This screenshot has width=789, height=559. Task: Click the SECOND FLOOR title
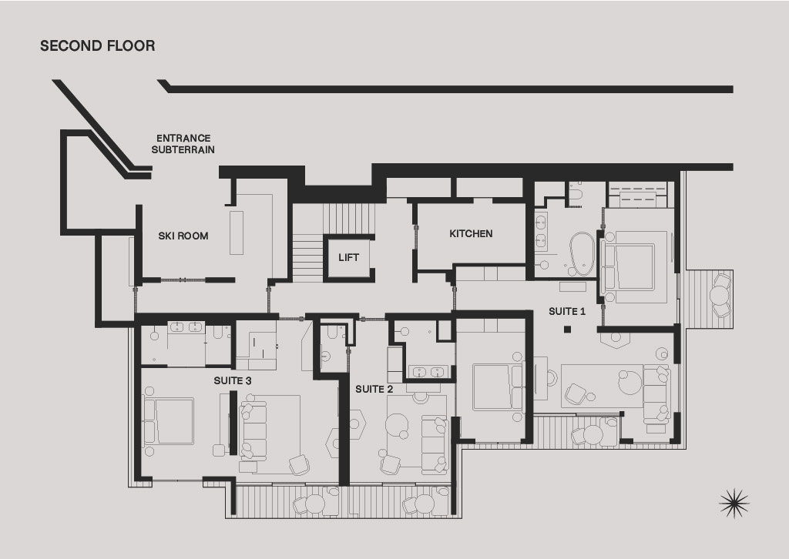pyautogui.click(x=98, y=45)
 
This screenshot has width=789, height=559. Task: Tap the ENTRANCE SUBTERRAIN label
pyautogui.click(x=183, y=144)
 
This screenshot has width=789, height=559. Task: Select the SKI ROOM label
pyautogui.click(x=183, y=236)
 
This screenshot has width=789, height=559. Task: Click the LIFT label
pyautogui.click(x=349, y=258)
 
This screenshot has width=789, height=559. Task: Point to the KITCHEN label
pyautogui.click(x=471, y=234)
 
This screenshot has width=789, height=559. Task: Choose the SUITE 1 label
pyautogui.click(x=567, y=312)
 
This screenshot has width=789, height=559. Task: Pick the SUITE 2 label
pyautogui.click(x=374, y=389)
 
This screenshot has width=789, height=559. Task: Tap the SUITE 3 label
pyautogui.click(x=233, y=381)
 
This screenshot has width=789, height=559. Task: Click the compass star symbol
pyautogui.click(x=734, y=503)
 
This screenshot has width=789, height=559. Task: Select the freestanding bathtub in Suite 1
pyautogui.click(x=583, y=254)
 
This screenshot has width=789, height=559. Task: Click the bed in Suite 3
pyautogui.click(x=169, y=421)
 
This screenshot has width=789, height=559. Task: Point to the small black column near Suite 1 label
pyautogui.click(x=568, y=330)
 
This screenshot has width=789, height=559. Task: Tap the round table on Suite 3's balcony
pyautogui.click(x=315, y=504)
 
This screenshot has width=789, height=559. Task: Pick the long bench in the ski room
pyautogui.click(x=237, y=233)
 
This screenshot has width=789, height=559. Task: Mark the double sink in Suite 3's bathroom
pyautogui.click(x=186, y=327)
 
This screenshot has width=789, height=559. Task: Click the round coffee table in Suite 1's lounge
pyautogui.click(x=631, y=382)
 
